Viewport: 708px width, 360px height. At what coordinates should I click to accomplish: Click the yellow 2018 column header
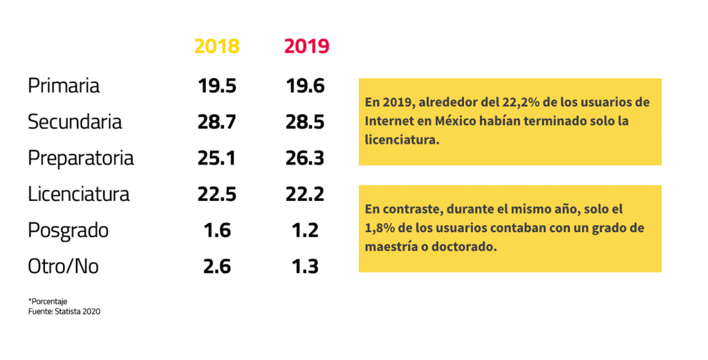[216, 46]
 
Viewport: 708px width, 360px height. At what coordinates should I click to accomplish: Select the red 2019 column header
[306, 46]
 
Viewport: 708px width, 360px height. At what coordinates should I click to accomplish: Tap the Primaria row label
[64, 86]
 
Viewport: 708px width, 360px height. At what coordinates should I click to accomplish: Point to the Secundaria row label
[75, 122]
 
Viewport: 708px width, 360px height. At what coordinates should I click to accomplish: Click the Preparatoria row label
[81, 158]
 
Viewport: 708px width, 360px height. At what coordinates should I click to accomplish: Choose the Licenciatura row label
[79, 193]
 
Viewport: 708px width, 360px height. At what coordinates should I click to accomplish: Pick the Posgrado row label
[68, 230]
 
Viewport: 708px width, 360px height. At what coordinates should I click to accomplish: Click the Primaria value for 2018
[216, 86]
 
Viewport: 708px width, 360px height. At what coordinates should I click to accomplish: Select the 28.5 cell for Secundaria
[305, 122]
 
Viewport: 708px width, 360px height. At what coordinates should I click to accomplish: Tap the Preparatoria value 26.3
[305, 158]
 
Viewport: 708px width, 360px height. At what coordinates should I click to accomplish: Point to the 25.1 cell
[216, 158]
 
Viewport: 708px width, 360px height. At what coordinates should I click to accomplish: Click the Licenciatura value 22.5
[216, 193]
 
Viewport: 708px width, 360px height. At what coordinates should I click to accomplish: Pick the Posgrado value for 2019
[305, 230]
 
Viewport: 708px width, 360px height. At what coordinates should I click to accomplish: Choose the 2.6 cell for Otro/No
[216, 266]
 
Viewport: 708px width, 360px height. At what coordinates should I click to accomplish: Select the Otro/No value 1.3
[305, 266]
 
